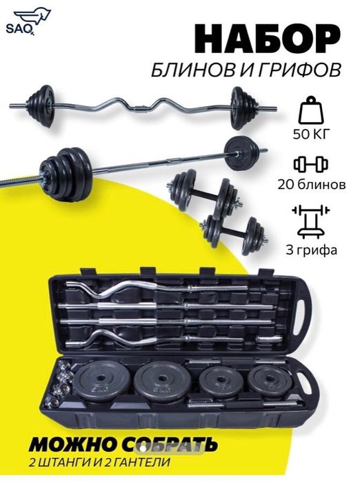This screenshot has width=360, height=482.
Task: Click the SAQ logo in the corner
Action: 28,22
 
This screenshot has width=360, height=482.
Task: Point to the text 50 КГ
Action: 311,134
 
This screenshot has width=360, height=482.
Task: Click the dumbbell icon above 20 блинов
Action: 311,164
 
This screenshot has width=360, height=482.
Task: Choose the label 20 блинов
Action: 311,184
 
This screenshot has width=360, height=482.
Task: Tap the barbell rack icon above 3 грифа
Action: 311,221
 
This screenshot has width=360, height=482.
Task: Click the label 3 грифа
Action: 311,250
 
